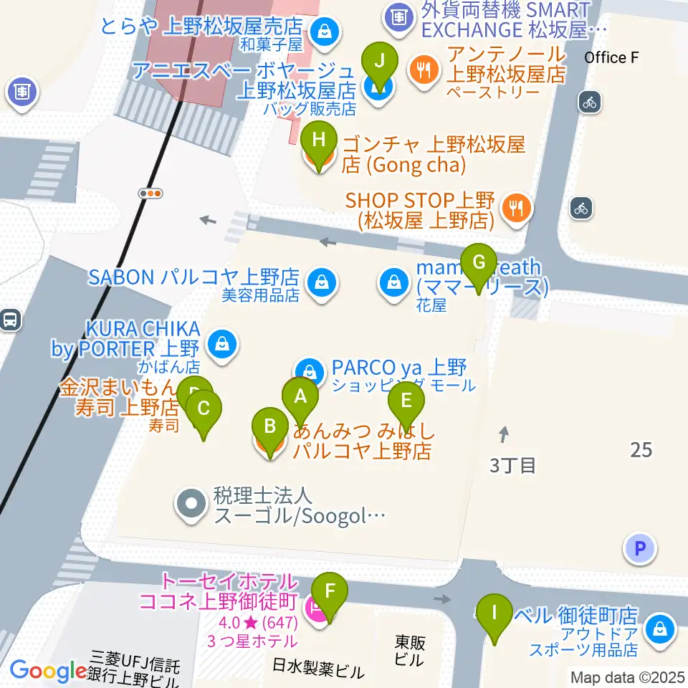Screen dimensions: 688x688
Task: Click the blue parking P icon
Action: click(x=640, y=549)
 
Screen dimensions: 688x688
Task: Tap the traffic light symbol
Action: click(x=150, y=193)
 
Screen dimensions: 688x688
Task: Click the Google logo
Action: click(x=48, y=671)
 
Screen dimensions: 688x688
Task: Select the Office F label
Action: click(x=611, y=57)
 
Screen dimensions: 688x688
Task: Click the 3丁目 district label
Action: click(x=512, y=465)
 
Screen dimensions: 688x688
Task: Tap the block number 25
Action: click(x=641, y=450)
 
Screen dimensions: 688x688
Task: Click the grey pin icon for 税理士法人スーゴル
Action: click(x=191, y=505)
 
